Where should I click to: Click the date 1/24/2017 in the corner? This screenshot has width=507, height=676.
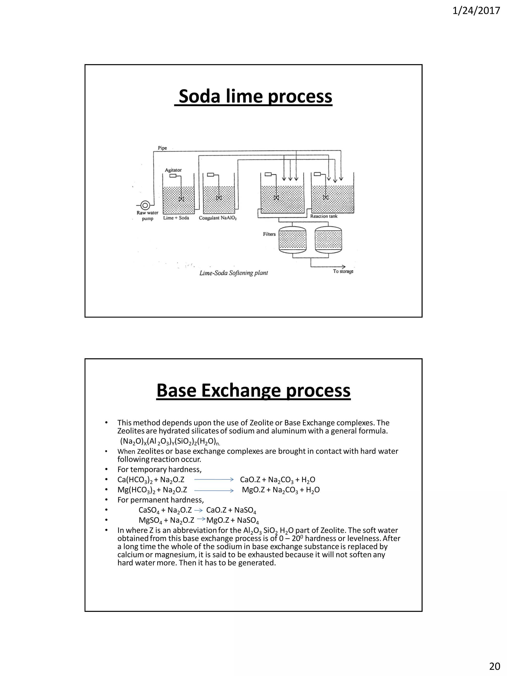tap(476, 11)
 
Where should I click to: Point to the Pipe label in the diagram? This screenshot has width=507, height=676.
tap(162, 148)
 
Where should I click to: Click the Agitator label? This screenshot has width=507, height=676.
tap(173, 170)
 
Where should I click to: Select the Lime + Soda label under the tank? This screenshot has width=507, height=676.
tap(176, 218)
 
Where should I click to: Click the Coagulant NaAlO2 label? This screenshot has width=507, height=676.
tap(218, 218)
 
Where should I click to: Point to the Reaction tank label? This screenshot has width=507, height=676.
tap(324, 216)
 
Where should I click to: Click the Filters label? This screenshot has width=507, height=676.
tap(269, 234)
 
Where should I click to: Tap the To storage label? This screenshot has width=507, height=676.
tap(343, 271)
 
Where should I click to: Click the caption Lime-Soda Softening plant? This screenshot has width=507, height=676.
tap(233, 273)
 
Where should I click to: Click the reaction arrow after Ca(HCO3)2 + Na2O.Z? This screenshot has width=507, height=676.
tap(214, 480)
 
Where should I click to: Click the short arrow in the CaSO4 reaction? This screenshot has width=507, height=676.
tap(199, 510)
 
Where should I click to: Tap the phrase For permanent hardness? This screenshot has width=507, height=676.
tap(160, 500)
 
